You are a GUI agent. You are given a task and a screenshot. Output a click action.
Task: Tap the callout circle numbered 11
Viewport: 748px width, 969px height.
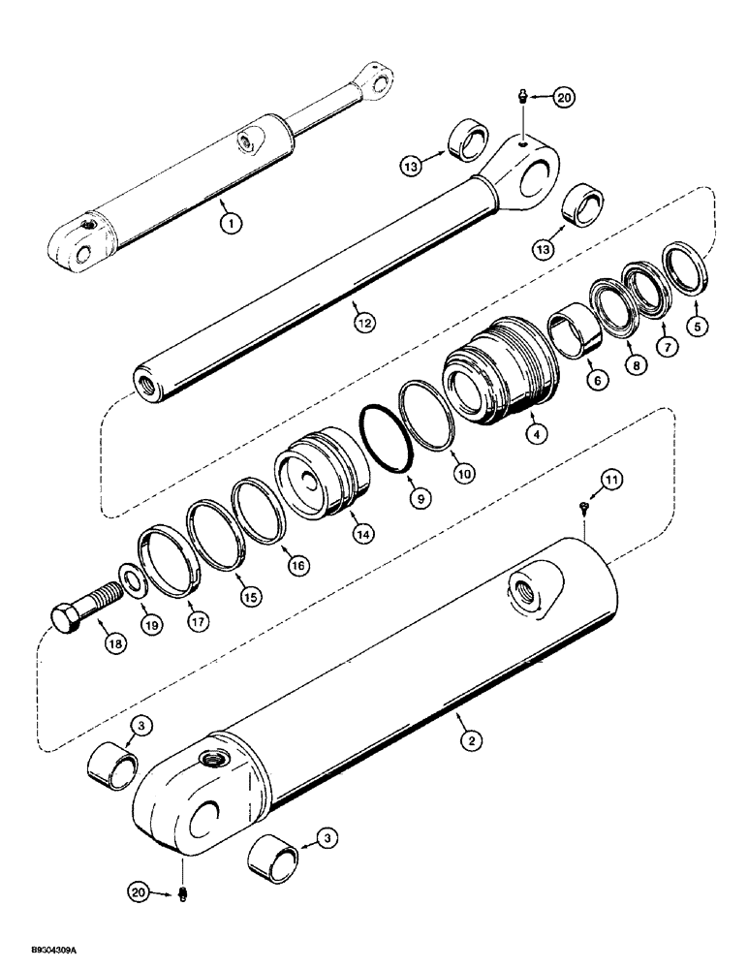(611, 480)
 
